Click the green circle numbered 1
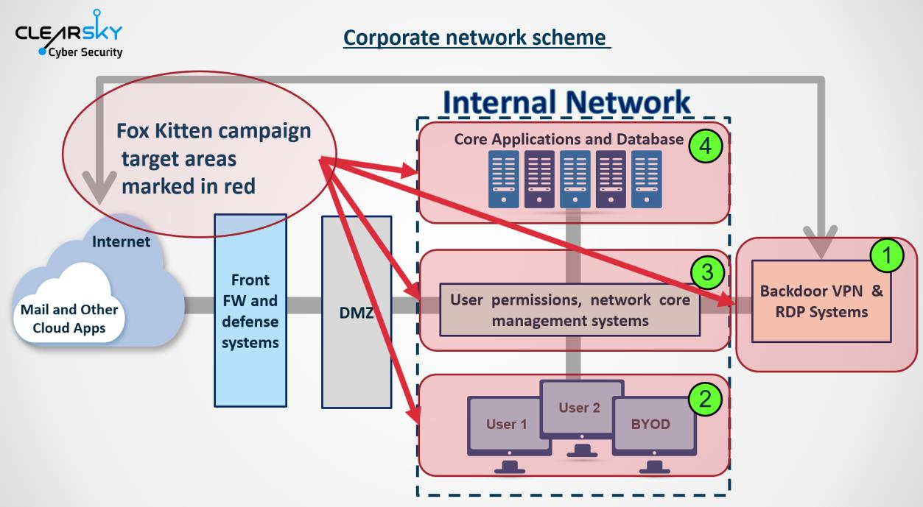887,255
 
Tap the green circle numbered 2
705,399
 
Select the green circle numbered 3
707,272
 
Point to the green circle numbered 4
706,146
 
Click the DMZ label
356,313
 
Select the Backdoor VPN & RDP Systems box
821,301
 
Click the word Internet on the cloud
121,241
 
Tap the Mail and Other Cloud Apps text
69,319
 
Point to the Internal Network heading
566,102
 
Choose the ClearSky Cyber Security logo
69,35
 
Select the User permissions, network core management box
570,310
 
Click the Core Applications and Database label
569,139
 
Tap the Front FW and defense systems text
250,311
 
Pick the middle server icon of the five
575,179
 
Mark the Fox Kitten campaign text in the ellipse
214,131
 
